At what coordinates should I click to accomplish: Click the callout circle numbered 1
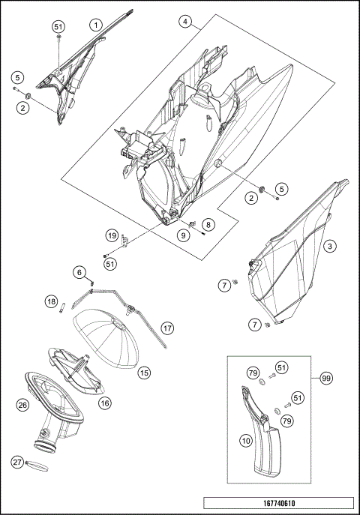coord(95,25)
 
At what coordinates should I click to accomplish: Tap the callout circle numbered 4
coord(185,22)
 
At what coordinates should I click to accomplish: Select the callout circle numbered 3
coord(330,246)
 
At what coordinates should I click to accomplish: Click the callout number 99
coord(326,379)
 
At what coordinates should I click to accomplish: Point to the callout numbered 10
coord(246,441)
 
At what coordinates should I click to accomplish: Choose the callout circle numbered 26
coord(22,405)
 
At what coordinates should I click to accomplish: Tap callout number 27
coord(17,463)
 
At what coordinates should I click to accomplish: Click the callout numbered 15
coord(144,373)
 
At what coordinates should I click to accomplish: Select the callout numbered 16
coord(105,403)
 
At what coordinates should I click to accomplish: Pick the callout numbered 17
coord(167,328)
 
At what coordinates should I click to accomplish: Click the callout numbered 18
coord(51,302)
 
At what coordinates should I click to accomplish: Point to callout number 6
coord(79,273)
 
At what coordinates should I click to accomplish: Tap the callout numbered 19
coord(112,235)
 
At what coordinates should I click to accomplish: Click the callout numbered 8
coord(208,225)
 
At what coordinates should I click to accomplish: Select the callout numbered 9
coord(183,235)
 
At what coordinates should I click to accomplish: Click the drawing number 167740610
coord(279,503)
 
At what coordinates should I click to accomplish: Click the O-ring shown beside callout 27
coord(37,466)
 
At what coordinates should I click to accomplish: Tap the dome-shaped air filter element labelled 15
coord(106,338)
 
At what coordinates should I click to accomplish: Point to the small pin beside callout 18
coord(61,309)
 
